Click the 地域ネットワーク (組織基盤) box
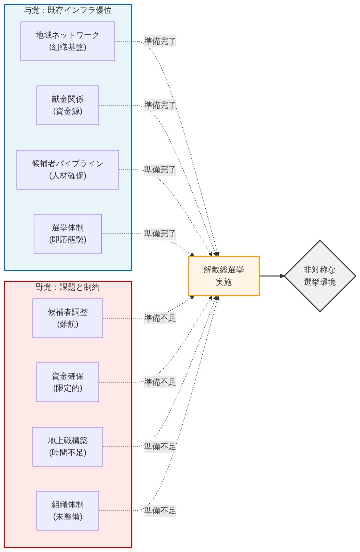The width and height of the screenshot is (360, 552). click(68, 41)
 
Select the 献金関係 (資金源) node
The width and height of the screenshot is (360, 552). click(68, 105)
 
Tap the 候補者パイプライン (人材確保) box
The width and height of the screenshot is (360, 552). click(68, 170)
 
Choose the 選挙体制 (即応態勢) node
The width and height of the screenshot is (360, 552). click(68, 234)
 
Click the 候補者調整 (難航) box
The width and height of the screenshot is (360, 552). click(68, 318)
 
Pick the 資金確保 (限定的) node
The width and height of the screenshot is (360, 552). click(68, 382)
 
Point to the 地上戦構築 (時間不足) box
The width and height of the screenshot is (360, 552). click(68, 447)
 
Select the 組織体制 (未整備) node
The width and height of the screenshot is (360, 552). click(68, 511)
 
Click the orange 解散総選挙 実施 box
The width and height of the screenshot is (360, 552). click(224, 276)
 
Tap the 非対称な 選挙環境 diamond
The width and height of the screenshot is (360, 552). click(320, 276)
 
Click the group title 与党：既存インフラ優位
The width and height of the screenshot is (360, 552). click(68, 10)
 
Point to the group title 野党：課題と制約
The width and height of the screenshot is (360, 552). click(68, 287)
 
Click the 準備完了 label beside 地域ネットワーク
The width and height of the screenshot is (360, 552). click(160, 41)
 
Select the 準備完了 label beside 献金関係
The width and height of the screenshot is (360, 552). click(160, 105)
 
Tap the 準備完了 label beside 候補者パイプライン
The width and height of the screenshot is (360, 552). click(160, 170)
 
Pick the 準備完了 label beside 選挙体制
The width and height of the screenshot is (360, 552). click(160, 234)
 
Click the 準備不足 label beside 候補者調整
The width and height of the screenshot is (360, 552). click(160, 318)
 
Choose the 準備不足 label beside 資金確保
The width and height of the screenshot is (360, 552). click(160, 382)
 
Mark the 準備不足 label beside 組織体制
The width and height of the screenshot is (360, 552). click(160, 511)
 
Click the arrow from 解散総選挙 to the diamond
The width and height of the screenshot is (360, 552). click(272, 276)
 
